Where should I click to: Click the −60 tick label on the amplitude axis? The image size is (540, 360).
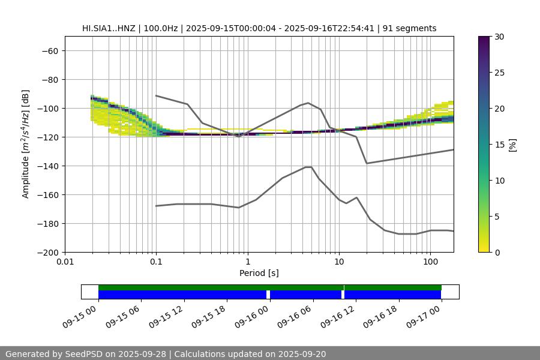pos(49,51)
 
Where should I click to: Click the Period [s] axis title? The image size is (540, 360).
pos(259,273)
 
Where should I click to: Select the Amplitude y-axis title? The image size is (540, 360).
pos(26,145)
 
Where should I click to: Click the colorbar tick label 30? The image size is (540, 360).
pos(499,37)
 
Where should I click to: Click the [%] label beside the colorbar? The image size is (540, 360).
pos(512,145)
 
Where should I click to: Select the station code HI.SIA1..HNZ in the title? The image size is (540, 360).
pos(109,28)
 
